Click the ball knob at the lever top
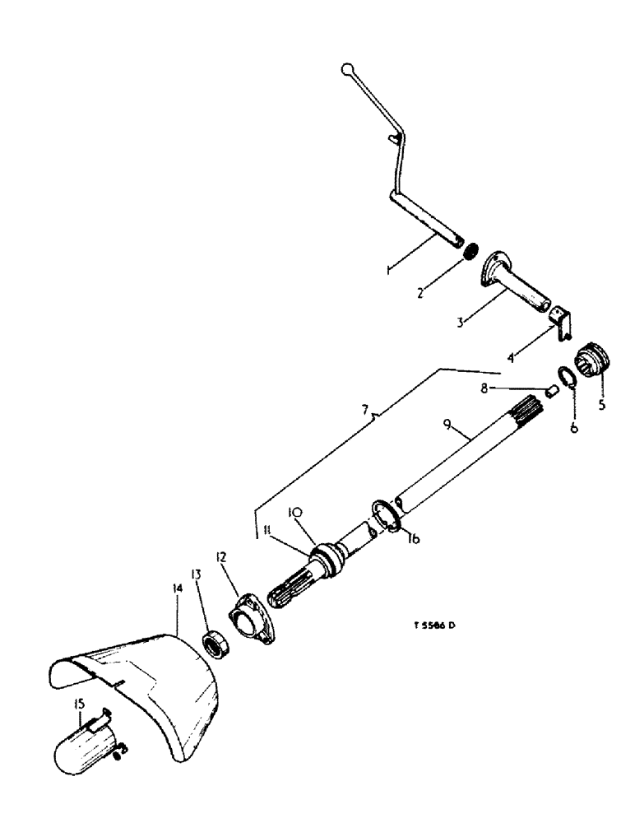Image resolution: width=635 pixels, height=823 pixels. tap(348, 69)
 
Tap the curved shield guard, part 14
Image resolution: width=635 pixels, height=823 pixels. tap(156, 683)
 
